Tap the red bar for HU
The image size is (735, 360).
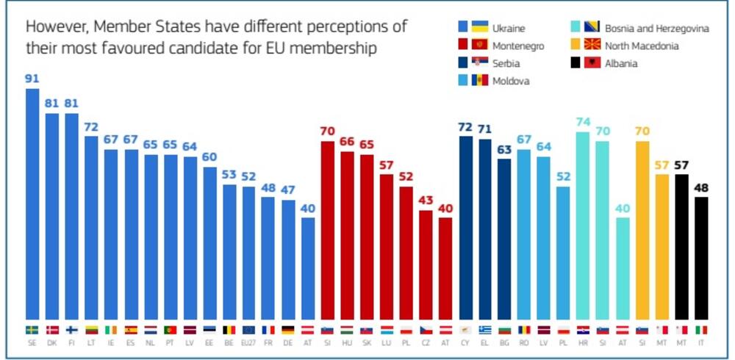tap(346, 234)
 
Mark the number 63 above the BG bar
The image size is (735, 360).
tap(505, 149)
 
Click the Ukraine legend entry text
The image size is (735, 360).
tap(509, 29)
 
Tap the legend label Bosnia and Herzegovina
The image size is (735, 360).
tap(657, 29)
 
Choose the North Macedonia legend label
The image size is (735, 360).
tap(642, 46)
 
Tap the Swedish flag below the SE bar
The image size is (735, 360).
tap(32, 330)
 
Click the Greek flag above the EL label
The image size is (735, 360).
tap(485, 330)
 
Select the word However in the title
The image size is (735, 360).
tap(54, 26)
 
